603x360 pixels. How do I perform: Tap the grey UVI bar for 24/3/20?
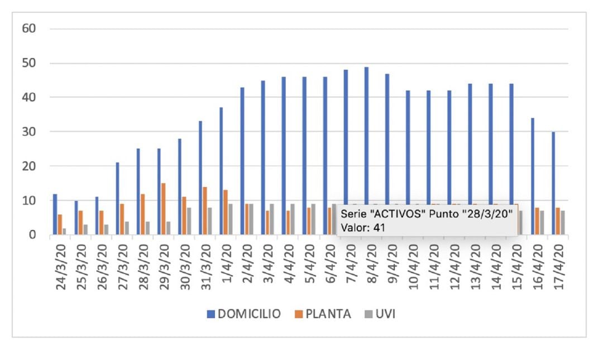click(x=64, y=231)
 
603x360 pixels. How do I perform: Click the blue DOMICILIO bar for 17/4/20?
click(x=552, y=183)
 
